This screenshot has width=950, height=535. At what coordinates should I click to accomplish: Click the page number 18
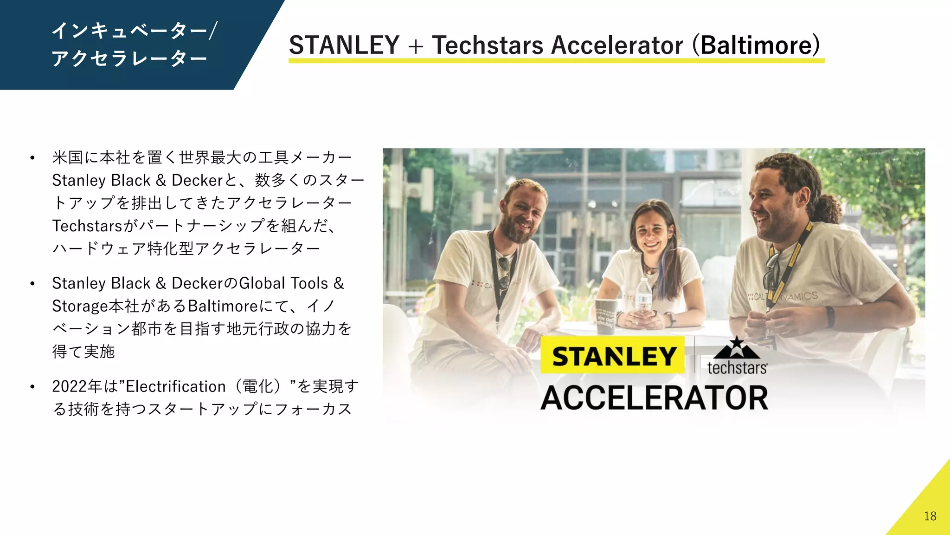930,516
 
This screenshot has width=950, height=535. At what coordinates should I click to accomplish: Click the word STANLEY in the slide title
344,45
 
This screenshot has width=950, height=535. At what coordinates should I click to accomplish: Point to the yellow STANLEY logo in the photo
613,356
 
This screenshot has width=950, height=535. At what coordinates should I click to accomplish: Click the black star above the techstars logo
737,344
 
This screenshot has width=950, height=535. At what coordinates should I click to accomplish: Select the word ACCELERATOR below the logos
654,398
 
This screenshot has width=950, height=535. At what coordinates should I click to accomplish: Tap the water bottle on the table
643,296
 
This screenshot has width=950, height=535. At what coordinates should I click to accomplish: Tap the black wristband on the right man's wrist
830,317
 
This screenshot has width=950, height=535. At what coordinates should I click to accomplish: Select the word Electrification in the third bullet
175,386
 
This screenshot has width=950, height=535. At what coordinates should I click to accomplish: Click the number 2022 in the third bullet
70,386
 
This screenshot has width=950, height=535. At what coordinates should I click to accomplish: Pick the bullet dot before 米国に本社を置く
32,158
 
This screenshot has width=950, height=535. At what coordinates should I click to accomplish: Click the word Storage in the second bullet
80,306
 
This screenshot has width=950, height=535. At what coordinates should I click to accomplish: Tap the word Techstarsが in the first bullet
95,226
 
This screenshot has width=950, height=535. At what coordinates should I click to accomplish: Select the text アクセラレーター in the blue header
129,59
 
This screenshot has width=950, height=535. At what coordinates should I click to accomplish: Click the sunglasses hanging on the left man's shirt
503,272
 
